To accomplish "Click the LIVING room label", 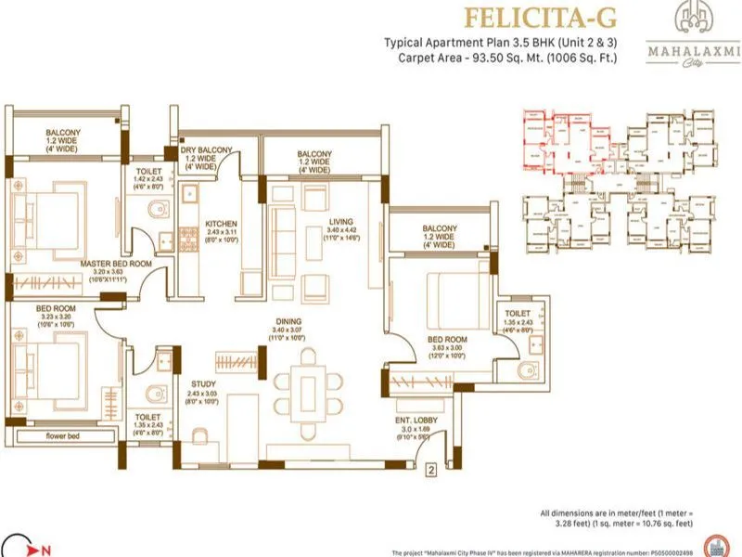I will coord(339,221).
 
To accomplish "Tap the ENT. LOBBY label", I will coord(408,420).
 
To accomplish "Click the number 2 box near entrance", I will coord(429,470).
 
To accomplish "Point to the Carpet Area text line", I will coord(503,58).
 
